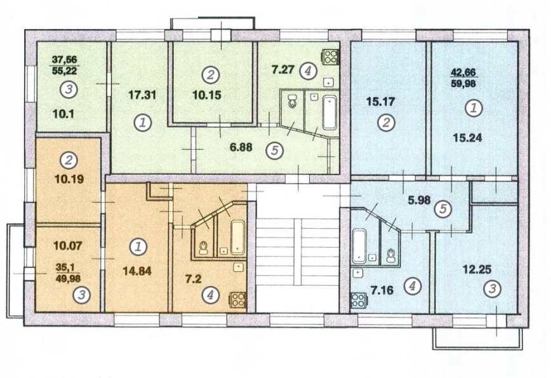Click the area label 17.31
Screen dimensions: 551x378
coord(142,95)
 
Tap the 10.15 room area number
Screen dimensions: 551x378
coord(207,95)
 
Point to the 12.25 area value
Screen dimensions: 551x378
coord(477,269)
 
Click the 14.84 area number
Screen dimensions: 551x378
coord(137,271)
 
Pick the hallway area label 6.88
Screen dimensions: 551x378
coord(241,147)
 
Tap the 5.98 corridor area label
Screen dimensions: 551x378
coord(419,200)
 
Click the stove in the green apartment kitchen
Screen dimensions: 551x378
coord(331,57)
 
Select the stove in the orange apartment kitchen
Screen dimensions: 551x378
coord(238,300)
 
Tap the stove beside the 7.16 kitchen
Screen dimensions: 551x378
coord(359,300)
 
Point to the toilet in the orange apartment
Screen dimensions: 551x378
coord(203,248)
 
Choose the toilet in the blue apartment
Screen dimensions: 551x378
coord(390,255)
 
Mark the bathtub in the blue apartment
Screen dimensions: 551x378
coord(359,246)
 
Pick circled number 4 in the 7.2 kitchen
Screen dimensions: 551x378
coord(209,294)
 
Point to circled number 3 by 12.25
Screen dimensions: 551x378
coord(492,289)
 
